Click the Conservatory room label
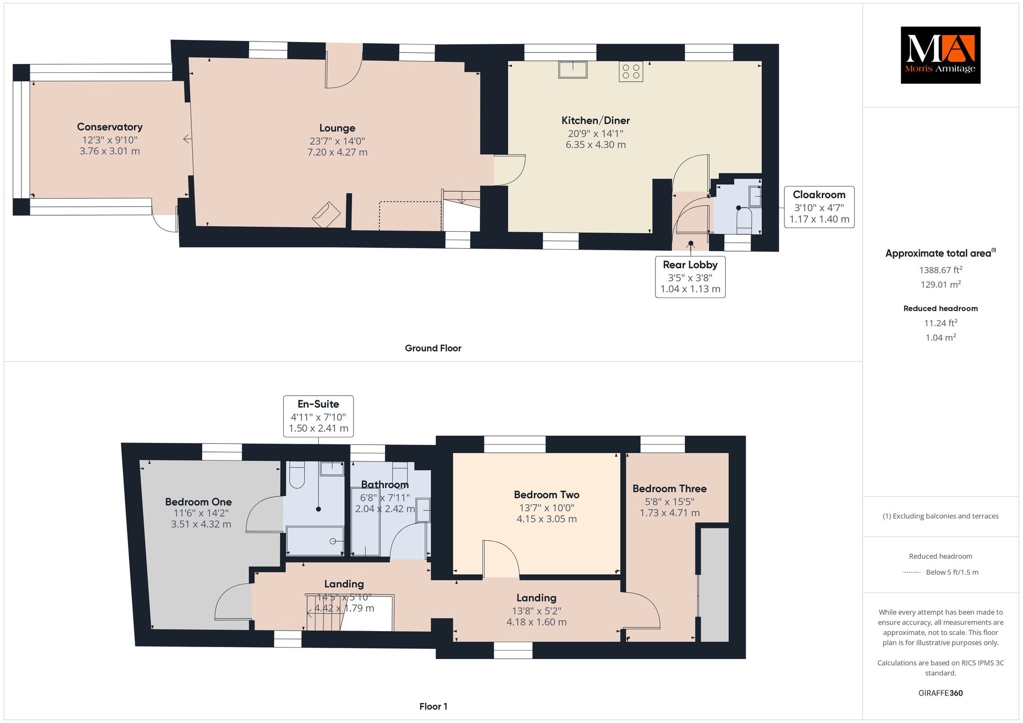pos(110,127)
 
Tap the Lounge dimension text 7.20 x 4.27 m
pos(337,152)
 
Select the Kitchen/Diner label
pos(595,120)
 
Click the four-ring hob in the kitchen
pos(631,71)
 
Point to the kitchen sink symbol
pos(573,70)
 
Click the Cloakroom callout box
pos(819,207)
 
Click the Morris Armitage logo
pos(941,55)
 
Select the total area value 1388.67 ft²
pos(941,270)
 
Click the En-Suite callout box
pos(319,416)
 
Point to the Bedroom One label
pos(198,502)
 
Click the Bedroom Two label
pos(546,495)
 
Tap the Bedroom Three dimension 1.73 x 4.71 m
pos(669,513)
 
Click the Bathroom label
pos(385,484)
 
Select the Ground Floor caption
pos(433,349)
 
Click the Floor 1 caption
pos(434,706)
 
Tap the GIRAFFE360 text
pos(941,693)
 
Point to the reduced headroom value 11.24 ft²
pos(941,323)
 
